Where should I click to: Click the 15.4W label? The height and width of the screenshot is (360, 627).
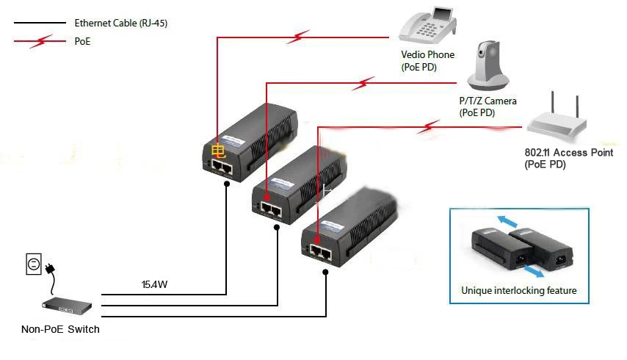point(156,284)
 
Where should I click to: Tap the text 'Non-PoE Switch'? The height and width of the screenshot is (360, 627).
point(60,329)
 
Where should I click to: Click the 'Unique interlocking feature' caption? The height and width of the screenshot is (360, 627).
point(519,290)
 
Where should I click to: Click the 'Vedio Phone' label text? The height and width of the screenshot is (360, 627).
point(427,54)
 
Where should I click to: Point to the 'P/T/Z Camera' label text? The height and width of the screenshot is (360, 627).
point(488,101)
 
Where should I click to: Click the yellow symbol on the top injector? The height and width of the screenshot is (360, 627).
point(218,152)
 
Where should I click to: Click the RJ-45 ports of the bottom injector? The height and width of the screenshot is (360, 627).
point(318,253)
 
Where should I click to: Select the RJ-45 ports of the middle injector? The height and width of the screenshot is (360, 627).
point(269,210)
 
